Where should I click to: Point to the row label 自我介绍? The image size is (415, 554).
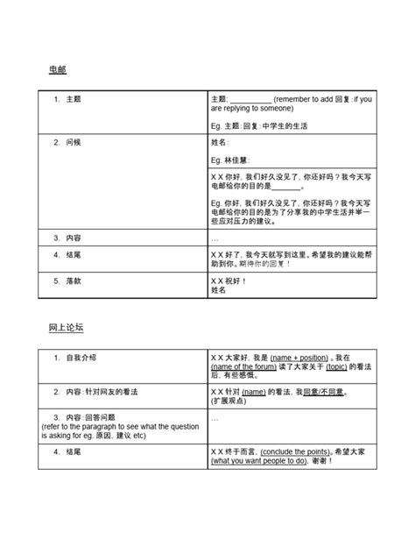click(x=81, y=358)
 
